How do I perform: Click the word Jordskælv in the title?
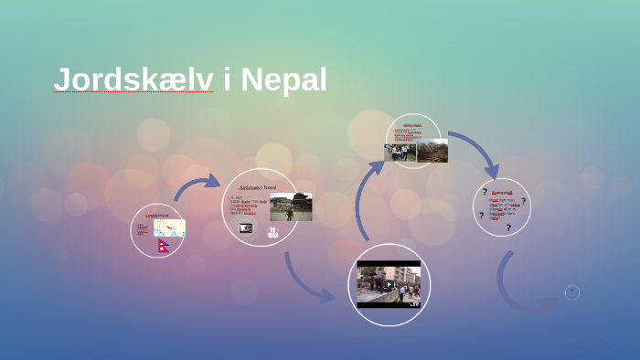tap(133, 79)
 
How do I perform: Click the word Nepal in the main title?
tap(283, 79)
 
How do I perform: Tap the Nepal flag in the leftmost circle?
tap(165, 245)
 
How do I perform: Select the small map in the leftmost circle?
tap(169, 228)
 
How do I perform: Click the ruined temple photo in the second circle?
tap(291, 206)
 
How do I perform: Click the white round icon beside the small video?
tap(272, 232)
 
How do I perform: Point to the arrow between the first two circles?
tap(196, 186)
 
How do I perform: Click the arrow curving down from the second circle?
tap(306, 278)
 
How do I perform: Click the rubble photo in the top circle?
tap(432, 151)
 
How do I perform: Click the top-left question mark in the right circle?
tap(485, 192)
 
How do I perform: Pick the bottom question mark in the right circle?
tap(507, 227)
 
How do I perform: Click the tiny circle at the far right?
tap(572, 292)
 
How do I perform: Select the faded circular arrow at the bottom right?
tap(521, 288)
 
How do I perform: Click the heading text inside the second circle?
tap(258, 187)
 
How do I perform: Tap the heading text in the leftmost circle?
tap(157, 215)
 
